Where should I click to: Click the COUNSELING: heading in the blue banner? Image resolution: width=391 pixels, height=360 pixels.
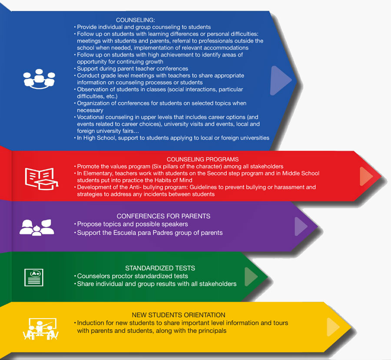tap(136, 20)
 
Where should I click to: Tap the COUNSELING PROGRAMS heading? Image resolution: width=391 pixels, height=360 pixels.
tap(202, 160)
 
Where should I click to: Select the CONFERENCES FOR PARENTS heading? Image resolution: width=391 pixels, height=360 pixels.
tap(163, 216)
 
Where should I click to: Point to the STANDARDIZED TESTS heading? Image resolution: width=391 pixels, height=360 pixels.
tap(160, 268)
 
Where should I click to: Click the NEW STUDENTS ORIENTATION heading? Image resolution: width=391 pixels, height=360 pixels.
tap(179, 315)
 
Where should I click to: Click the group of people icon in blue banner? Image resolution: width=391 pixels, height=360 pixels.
tap(39, 79)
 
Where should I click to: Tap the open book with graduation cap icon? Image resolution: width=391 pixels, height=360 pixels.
tap(41, 179)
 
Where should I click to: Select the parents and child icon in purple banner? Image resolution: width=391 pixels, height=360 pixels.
tap(37, 227)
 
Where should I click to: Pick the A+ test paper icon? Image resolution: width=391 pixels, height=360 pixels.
tap(33, 277)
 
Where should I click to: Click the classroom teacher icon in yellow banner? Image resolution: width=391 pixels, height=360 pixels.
tap(41, 329)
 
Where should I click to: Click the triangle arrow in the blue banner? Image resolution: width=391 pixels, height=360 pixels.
tap(280, 80)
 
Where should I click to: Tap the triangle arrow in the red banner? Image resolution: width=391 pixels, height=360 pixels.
tap(366, 177)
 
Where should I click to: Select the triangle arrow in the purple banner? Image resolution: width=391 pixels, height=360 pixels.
tap(301, 226)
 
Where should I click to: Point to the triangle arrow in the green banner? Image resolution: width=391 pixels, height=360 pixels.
tap(251, 277)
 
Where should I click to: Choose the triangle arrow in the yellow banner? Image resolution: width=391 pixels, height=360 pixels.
tap(333, 327)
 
